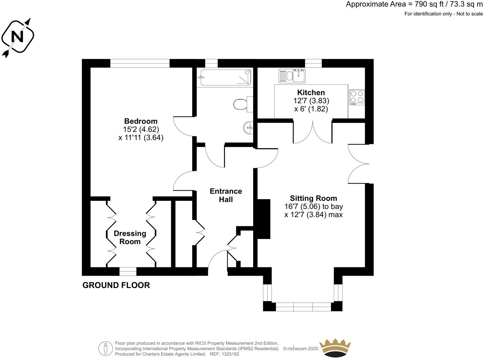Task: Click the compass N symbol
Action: (18, 36)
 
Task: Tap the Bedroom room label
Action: (141, 121)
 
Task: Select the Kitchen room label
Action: (311, 93)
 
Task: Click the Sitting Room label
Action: (313, 199)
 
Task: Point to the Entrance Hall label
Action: (226, 195)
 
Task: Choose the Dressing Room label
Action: (130, 238)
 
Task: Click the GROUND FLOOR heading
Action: (116, 285)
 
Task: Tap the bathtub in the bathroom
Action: (224, 77)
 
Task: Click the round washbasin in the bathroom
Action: (248, 127)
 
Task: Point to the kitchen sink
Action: (292, 76)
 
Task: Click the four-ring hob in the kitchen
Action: (357, 98)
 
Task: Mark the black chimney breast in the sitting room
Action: (264, 219)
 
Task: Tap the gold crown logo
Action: (335, 348)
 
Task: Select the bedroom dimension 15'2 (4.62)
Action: (141, 129)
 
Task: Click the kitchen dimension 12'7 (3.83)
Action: (311, 101)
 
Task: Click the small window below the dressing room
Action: (128, 272)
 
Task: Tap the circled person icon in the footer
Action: (106, 348)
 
